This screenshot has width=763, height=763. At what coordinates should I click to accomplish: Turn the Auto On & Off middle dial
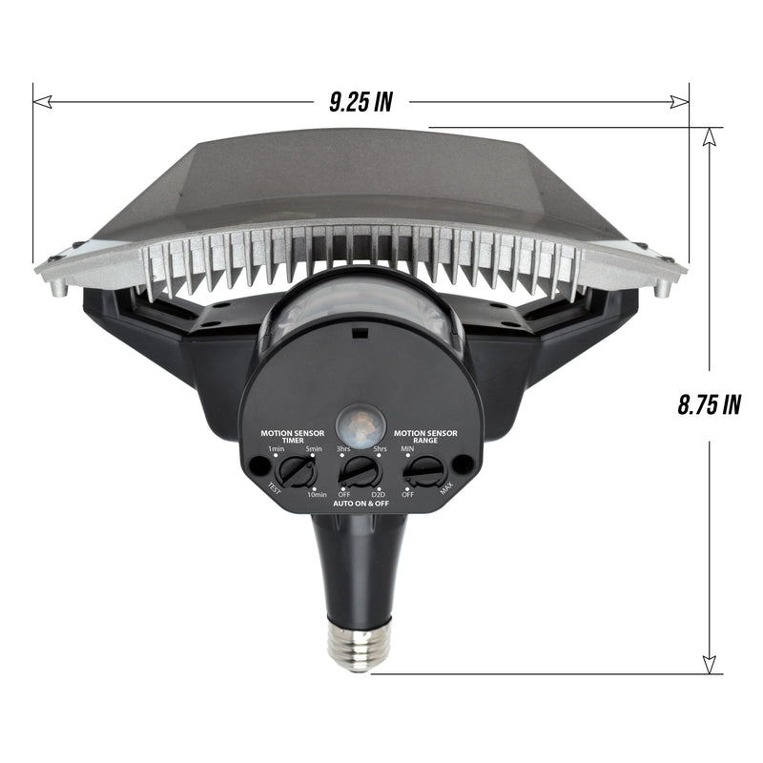(360, 470)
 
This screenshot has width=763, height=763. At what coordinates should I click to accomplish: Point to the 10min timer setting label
(317, 493)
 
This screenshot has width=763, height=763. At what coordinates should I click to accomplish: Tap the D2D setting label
(378, 493)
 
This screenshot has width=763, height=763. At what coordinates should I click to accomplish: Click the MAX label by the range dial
(446, 490)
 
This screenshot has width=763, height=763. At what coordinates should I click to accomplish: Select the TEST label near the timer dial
(274, 490)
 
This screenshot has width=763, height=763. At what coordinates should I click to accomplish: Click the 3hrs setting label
(342, 448)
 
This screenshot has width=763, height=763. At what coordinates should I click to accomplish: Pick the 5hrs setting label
(380, 448)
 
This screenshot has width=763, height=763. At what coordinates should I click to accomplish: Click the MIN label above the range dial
(407, 448)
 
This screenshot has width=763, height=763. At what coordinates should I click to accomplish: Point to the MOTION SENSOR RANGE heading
(425, 436)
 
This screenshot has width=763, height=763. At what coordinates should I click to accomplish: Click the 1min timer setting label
(276, 448)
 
